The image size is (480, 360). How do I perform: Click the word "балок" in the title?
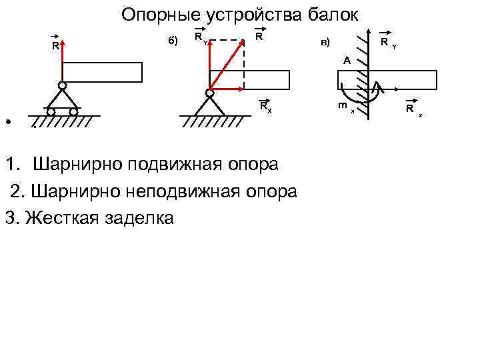click(330, 15)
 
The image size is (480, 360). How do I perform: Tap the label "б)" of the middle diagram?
click(172, 41)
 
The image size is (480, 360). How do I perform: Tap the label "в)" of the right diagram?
click(325, 43)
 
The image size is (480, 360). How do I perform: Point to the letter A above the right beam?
click(347, 61)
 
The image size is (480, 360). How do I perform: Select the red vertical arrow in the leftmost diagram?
click(61, 63)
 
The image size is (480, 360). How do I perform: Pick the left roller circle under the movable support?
click(51, 112)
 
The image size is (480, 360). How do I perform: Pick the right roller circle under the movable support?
click(73, 112)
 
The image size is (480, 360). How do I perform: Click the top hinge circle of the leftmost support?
click(61, 85)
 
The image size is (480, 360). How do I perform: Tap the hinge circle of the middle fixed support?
click(209, 93)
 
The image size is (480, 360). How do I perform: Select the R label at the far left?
click(55, 47)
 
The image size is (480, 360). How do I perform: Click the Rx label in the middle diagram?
click(265, 106)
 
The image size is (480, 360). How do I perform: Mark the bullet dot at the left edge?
click(7, 123)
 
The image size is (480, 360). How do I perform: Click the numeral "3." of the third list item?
click(11, 218)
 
